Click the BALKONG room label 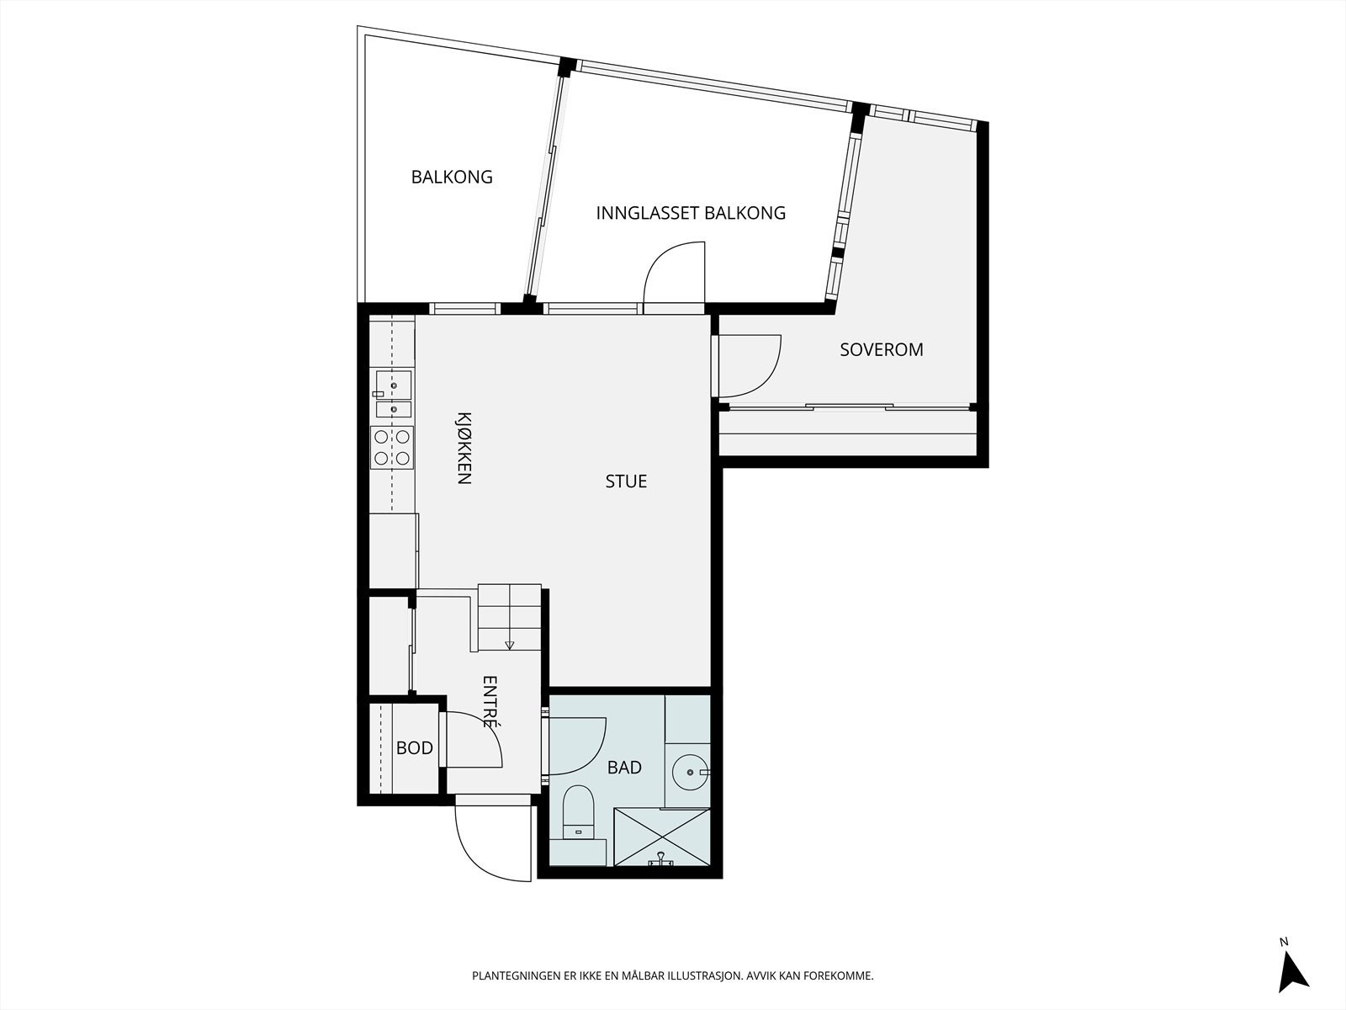[452, 178]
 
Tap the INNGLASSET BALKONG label [691, 214]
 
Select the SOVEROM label [881, 349]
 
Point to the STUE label [626, 481]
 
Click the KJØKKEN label [464, 449]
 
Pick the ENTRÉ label [490, 702]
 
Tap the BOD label [415, 748]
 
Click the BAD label [624, 768]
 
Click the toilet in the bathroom [578, 812]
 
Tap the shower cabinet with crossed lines [662, 837]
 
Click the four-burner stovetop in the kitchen [392, 448]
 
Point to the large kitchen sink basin [393, 385]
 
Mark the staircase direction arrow [509, 645]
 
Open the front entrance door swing [492, 843]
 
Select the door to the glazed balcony [674, 273]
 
